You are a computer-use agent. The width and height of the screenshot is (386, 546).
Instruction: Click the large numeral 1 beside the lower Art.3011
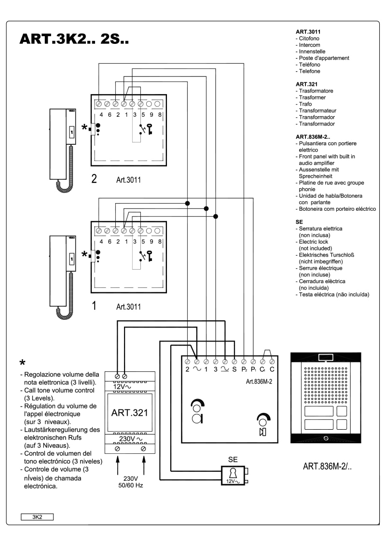coord(95,305)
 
